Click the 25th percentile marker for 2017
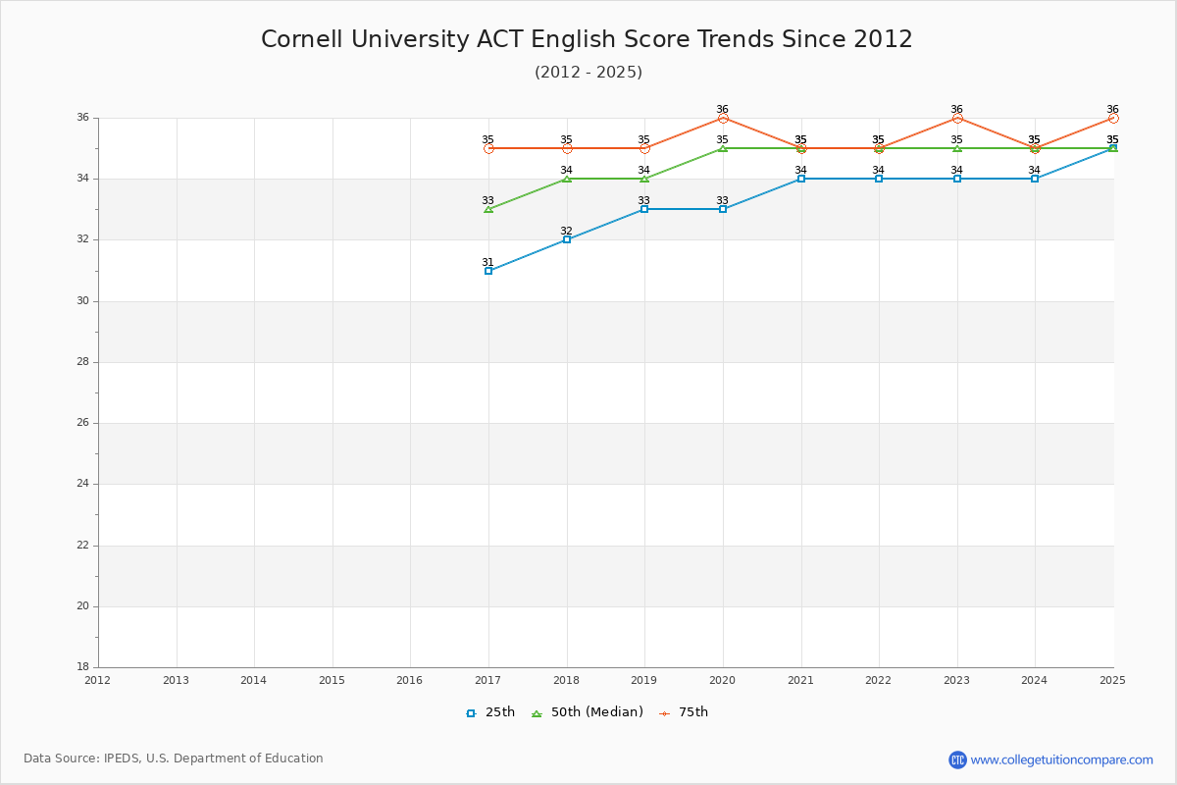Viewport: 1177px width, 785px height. (x=488, y=271)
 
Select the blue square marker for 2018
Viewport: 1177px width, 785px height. (x=567, y=239)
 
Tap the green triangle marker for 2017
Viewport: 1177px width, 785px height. (x=488, y=209)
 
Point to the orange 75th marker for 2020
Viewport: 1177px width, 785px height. (x=723, y=118)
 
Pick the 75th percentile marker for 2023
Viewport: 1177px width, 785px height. (x=957, y=118)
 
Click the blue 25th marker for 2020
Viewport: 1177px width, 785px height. (x=723, y=209)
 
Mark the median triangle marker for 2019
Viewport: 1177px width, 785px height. (x=644, y=179)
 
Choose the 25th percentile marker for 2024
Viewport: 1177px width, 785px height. (x=1035, y=179)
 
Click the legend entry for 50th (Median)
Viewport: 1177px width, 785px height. (x=588, y=712)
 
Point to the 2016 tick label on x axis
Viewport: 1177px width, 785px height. (x=410, y=680)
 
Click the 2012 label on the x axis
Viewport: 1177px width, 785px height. (x=98, y=680)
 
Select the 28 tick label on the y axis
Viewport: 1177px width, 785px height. (x=82, y=362)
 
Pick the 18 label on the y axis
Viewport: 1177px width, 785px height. (x=82, y=667)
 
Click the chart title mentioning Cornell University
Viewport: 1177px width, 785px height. (x=587, y=39)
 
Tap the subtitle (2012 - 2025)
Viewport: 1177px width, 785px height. (x=588, y=73)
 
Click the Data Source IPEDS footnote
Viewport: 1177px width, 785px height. (x=174, y=759)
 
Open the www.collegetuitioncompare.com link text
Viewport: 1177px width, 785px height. (x=1061, y=759)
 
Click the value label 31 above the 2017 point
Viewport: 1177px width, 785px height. (x=487, y=262)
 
